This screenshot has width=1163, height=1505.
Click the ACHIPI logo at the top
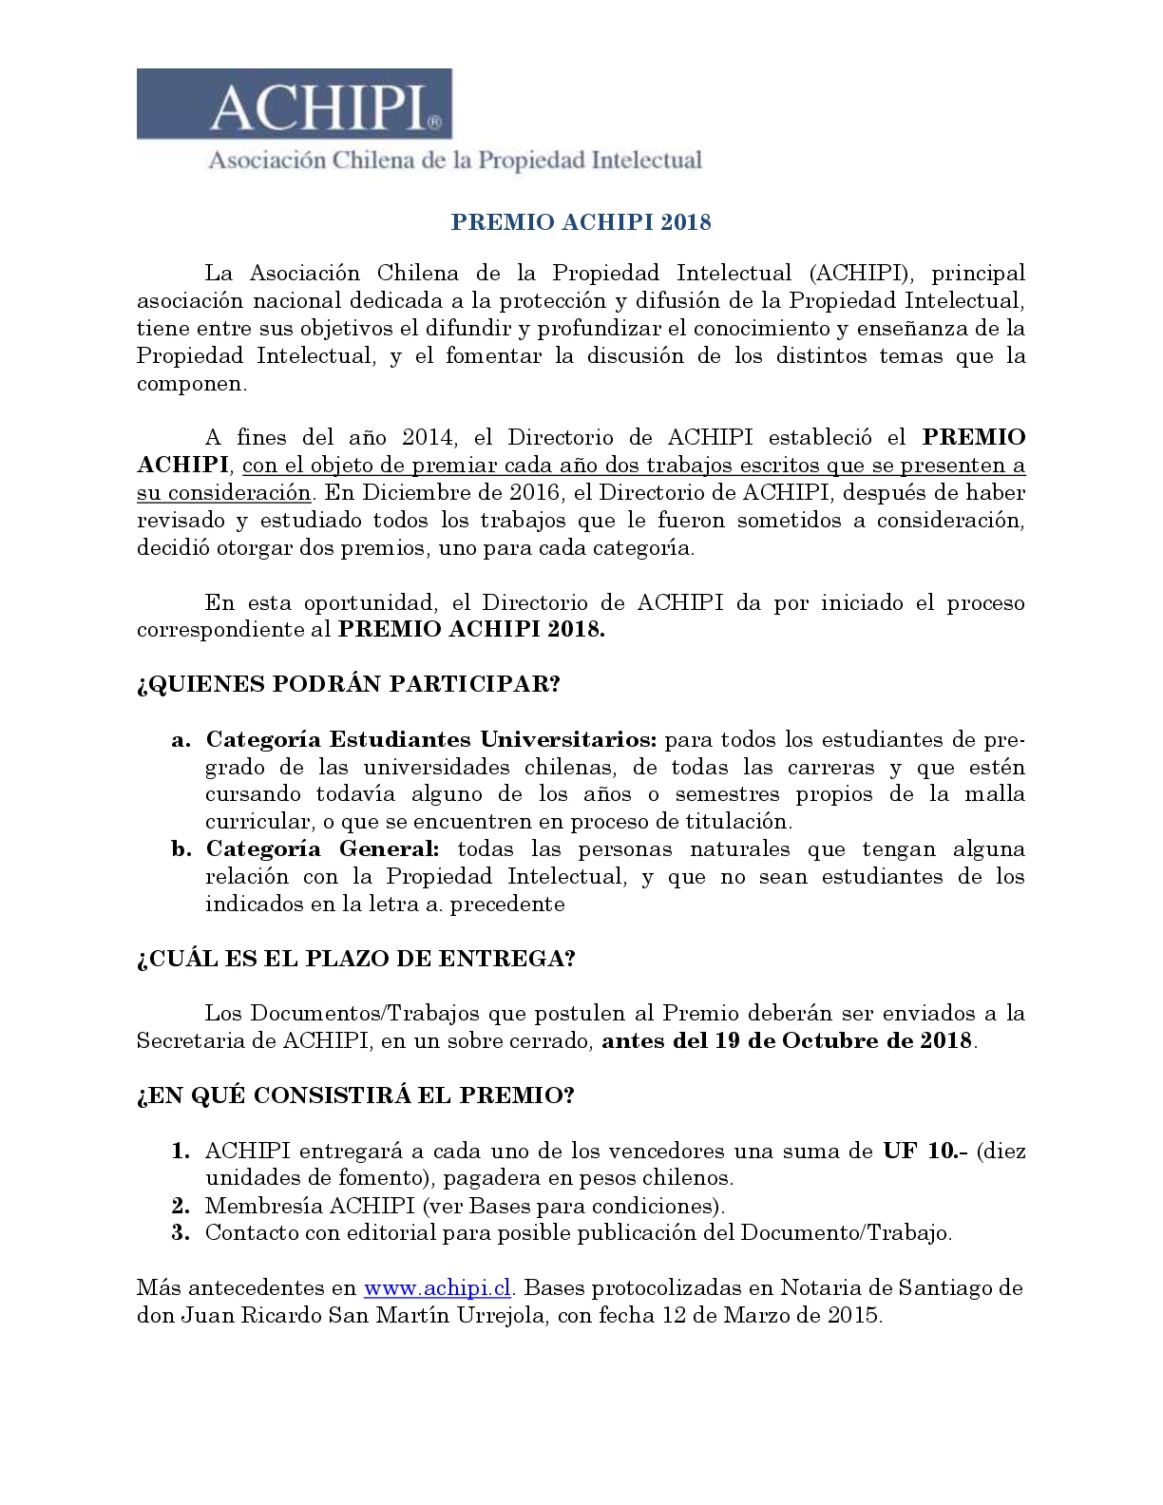(295, 105)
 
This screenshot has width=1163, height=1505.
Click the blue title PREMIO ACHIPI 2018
(581, 222)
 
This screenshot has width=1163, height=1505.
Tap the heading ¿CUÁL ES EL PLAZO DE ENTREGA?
(355, 958)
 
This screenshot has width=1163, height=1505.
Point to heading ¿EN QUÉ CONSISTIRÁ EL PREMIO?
(355, 1095)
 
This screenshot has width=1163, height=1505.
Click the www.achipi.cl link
(437, 1288)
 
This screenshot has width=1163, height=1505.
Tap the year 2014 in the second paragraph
(429, 437)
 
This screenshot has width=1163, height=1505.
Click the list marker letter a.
(180, 740)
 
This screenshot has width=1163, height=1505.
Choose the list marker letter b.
(181, 848)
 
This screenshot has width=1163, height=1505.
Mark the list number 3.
(181, 1233)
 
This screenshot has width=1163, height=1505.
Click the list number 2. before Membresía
(181, 1206)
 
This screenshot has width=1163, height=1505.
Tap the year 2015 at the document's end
(853, 1316)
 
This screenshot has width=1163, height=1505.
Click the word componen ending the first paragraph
(190, 384)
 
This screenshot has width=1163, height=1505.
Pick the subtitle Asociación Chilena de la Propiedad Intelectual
(455, 160)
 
